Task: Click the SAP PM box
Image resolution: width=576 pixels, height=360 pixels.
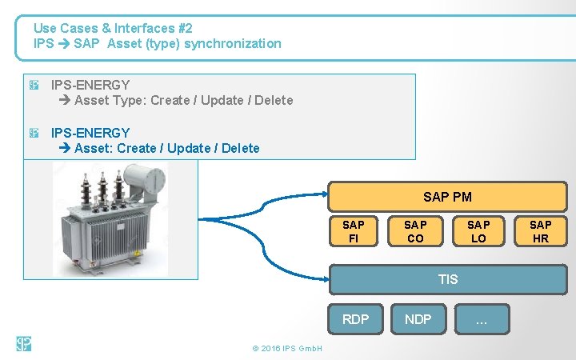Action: [446, 197]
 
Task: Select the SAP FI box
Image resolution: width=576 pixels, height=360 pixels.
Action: [353, 231]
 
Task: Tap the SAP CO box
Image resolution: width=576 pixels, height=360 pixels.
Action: [415, 231]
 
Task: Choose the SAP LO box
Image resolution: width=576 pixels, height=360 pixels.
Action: [478, 231]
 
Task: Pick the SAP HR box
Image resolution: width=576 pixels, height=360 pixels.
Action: [541, 231]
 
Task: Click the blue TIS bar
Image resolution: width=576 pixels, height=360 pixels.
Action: [448, 279]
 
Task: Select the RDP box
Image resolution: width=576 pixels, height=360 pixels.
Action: [355, 319]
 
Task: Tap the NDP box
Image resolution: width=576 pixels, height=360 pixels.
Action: [418, 319]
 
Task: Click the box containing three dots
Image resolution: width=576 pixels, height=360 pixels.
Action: [481, 319]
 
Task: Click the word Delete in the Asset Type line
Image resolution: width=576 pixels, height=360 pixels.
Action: [274, 100]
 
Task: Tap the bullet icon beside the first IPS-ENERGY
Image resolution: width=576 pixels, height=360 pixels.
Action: [34, 85]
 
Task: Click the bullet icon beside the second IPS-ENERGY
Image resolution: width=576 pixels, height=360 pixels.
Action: [34, 133]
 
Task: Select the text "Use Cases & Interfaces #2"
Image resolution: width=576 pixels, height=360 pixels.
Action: [113, 28]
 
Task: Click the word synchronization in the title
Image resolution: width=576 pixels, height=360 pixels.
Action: [233, 43]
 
